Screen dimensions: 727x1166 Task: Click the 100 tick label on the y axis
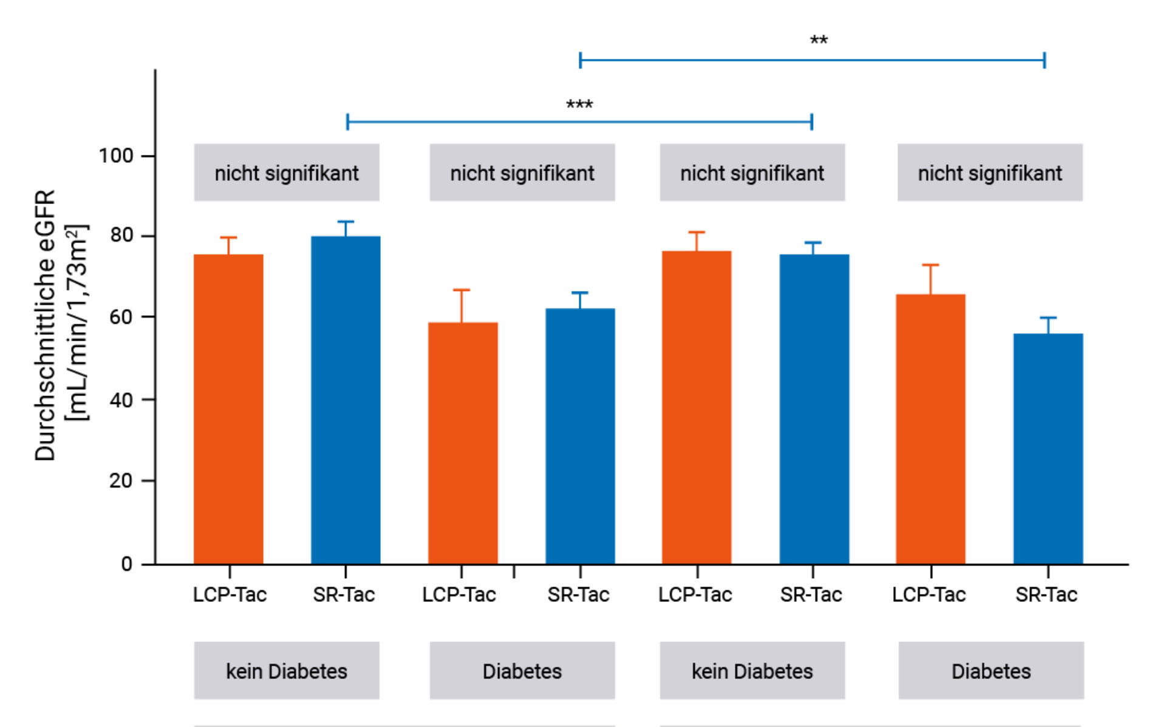(116, 156)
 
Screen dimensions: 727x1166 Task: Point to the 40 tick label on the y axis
(121, 400)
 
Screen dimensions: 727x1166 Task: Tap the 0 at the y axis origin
(126, 564)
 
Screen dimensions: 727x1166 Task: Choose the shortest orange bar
(463, 443)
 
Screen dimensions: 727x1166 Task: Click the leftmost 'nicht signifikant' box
(287, 173)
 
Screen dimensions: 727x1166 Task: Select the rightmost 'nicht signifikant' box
(990, 173)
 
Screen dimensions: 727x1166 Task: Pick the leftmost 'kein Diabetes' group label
(287, 671)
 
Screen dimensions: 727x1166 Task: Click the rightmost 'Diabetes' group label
(991, 671)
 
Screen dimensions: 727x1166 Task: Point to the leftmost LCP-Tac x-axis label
(230, 595)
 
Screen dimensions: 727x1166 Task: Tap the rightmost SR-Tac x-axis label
(1046, 595)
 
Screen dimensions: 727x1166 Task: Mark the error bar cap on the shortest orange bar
(462, 290)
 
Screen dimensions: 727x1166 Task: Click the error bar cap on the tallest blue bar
(346, 222)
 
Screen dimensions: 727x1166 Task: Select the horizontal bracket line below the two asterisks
(812, 60)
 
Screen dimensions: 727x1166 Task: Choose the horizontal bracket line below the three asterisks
(579, 121)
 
